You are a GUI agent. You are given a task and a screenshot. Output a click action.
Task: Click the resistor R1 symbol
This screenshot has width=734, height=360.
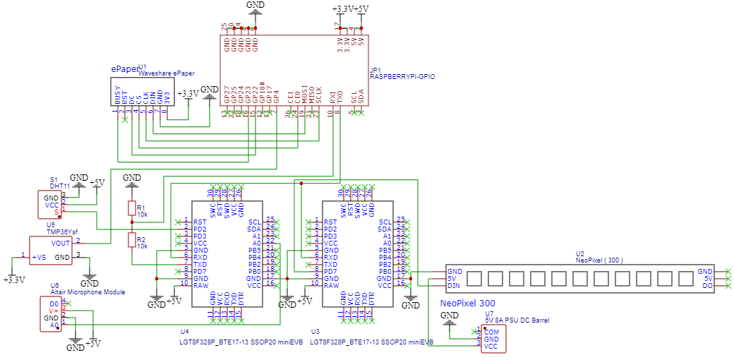(131, 208)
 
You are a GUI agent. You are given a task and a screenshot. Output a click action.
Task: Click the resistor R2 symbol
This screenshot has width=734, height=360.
(131, 241)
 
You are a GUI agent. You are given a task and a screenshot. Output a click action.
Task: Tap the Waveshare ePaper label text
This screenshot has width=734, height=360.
(166, 73)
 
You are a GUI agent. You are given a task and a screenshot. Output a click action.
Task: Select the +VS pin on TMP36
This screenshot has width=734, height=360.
(39, 257)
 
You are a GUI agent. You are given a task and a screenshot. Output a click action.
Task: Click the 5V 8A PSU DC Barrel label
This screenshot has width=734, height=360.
(516, 320)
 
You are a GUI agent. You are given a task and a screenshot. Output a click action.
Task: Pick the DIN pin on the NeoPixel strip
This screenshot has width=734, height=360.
(454, 286)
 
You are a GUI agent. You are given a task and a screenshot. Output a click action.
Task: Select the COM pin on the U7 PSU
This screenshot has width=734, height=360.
(491, 331)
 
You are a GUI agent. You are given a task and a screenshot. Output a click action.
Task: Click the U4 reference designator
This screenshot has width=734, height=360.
(184, 330)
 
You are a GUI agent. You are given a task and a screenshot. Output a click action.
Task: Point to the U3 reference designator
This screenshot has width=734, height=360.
(315, 330)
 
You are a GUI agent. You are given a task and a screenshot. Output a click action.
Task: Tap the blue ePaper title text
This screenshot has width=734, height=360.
(124, 68)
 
